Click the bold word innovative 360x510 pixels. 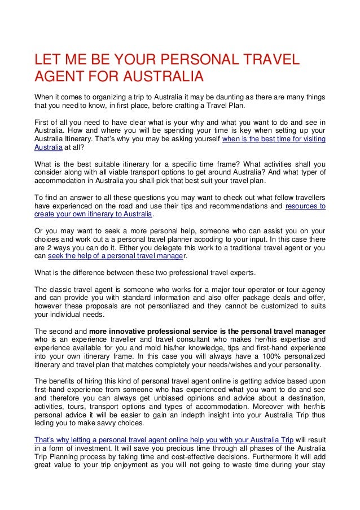[124, 330]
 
